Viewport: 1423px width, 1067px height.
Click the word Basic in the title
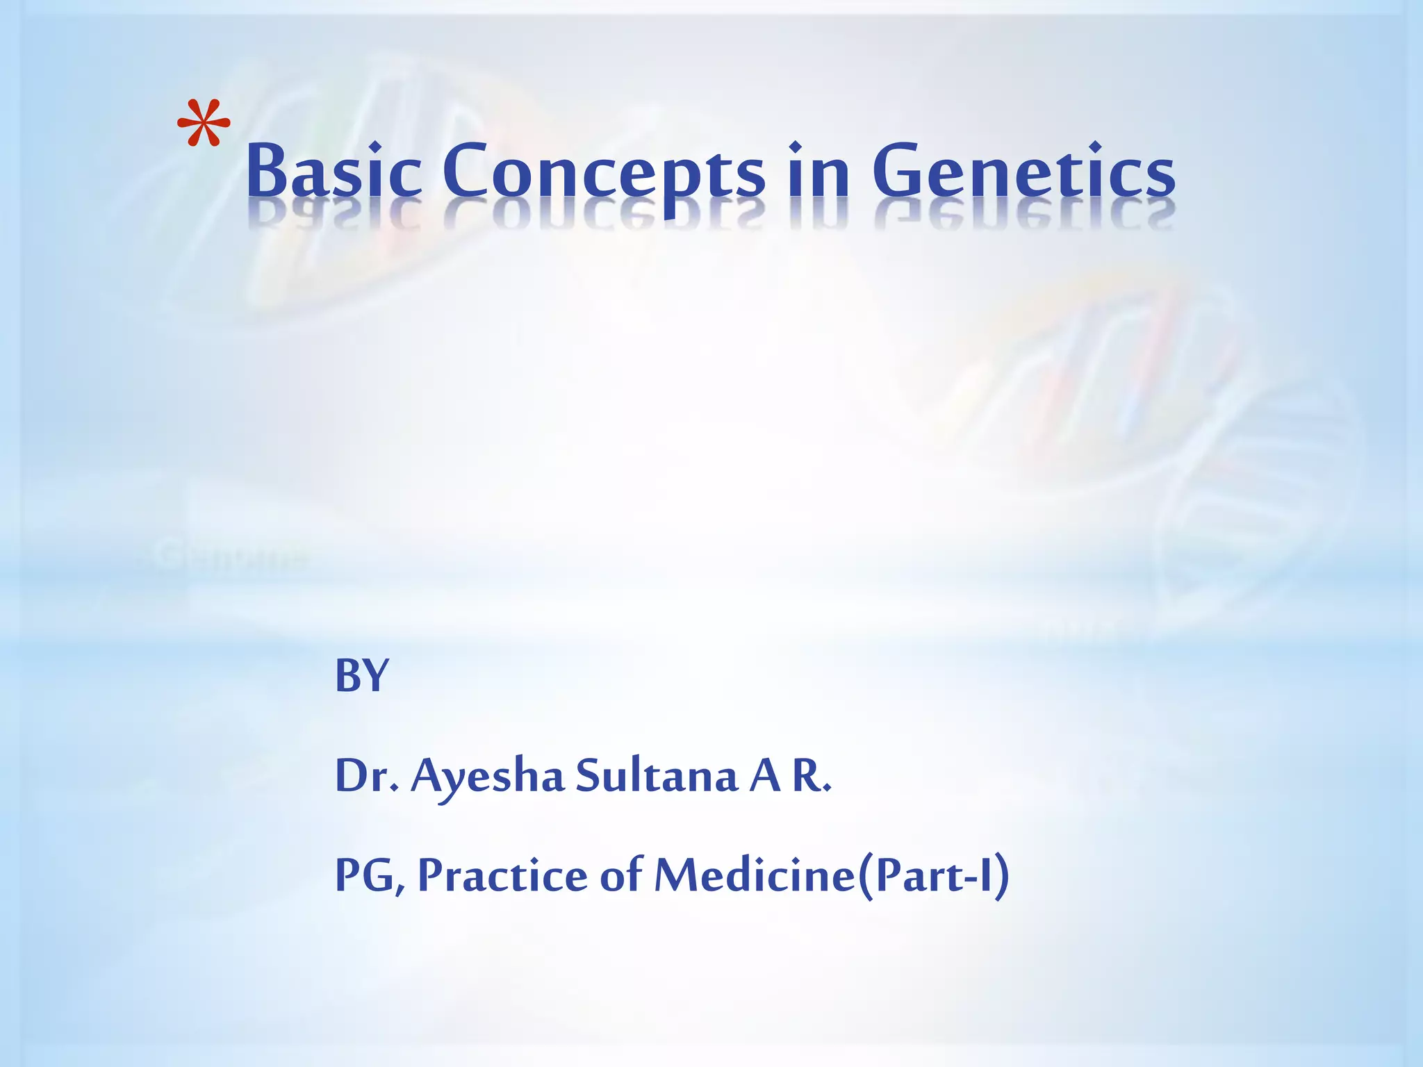point(334,170)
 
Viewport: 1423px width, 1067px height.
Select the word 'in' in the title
point(819,170)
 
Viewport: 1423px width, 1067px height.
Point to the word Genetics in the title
point(1023,170)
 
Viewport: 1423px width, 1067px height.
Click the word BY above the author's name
point(361,675)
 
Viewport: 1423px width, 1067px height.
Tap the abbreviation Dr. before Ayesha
point(366,776)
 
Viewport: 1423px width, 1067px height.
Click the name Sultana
point(656,776)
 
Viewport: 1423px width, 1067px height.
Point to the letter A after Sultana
point(764,776)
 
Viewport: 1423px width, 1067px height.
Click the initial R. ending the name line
point(810,776)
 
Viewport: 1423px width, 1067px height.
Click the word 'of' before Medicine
point(620,875)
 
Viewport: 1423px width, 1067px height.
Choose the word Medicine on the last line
point(755,875)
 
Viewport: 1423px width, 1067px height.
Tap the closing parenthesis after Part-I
point(1001,877)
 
